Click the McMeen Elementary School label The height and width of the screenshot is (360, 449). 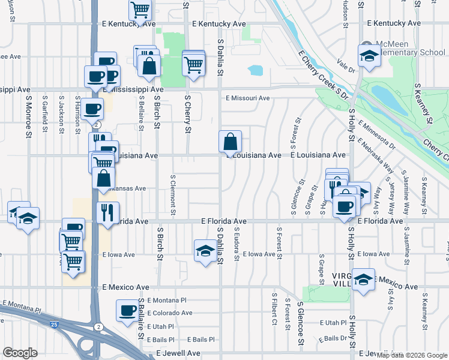(x=411, y=48)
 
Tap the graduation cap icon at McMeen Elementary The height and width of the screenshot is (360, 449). (x=367, y=56)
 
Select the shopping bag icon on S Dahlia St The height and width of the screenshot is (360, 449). (x=230, y=142)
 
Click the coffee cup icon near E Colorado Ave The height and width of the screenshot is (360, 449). (x=127, y=310)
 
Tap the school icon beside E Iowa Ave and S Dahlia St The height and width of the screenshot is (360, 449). (x=205, y=250)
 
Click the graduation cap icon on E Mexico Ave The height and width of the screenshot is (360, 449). (x=363, y=280)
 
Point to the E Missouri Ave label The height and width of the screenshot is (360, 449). (x=247, y=98)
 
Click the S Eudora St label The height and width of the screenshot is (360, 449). (x=237, y=244)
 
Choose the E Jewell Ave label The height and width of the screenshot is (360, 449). (x=178, y=353)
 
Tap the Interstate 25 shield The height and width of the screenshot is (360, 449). (x=55, y=325)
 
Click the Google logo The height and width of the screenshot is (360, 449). (x=20, y=353)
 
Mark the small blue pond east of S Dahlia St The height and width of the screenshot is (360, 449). (x=255, y=70)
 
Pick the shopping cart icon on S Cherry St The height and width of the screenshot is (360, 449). (x=193, y=63)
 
